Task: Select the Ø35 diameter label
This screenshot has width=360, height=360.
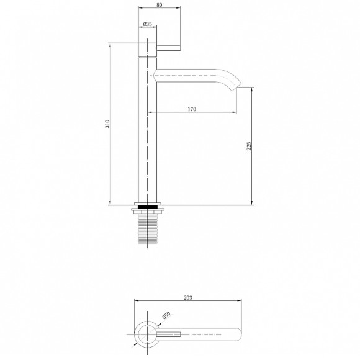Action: [x=148, y=24]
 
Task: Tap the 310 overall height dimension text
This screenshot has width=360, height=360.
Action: [x=107, y=124]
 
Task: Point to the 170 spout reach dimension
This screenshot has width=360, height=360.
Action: [x=192, y=109]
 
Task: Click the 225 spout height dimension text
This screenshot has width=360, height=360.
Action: [x=249, y=146]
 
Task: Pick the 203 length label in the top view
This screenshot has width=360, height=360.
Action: [x=188, y=298]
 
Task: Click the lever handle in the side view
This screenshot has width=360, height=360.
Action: [x=168, y=48]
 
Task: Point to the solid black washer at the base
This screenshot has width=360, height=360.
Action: [x=147, y=205]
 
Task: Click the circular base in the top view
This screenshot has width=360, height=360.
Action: [x=147, y=335]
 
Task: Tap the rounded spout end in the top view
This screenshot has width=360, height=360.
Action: [x=236, y=335]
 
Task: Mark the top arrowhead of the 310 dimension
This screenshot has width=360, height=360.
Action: [x=110, y=44]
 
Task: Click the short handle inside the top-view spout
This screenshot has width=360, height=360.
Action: [x=169, y=335]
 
